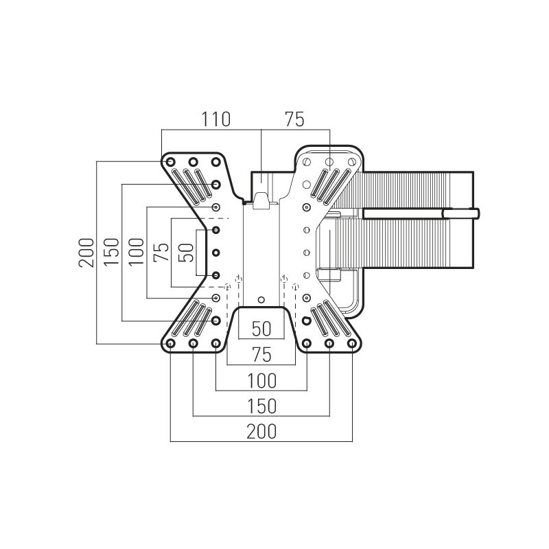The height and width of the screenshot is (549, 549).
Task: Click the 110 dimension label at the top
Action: (x=215, y=119)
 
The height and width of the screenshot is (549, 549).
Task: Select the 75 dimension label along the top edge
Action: (x=294, y=119)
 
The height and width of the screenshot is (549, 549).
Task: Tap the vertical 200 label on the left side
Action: (x=86, y=253)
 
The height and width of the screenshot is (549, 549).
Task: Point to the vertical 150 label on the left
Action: (x=112, y=253)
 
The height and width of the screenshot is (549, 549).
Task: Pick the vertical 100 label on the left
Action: (x=137, y=253)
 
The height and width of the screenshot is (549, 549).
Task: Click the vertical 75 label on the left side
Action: (x=161, y=253)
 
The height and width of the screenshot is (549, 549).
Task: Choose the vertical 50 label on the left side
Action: (x=185, y=253)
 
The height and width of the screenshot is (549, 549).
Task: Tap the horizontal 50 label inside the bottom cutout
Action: (x=261, y=329)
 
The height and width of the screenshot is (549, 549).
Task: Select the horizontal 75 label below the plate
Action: (x=261, y=355)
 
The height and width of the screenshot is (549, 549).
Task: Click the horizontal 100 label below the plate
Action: (x=261, y=380)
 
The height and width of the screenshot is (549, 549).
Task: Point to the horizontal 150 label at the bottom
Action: (x=261, y=406)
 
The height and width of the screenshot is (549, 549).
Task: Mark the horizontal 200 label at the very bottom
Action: (x=261, y=431)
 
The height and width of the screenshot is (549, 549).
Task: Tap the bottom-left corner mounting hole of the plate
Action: (x=171, y=342)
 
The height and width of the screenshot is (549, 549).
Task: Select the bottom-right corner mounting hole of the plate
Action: (x=352, y=342)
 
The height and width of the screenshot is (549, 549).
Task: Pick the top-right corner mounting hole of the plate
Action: (x=352, y=161)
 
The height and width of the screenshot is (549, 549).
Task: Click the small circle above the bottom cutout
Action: (x=261, y=299)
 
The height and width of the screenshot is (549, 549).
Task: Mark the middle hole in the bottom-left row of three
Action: (x=194, y=342)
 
